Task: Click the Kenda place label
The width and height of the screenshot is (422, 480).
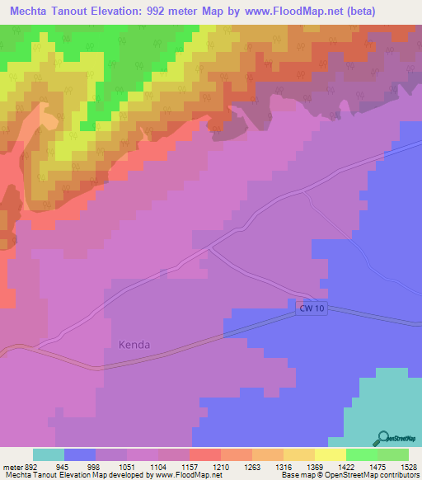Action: [x=134, y=345]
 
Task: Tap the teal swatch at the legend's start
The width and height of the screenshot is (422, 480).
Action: [x=49, y=454]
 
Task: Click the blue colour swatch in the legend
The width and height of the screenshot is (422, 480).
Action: [x=80, y=454]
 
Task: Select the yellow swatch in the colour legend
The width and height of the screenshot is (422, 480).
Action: [x=330, y=454]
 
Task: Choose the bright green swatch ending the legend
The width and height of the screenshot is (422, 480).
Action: [x=393, y=454]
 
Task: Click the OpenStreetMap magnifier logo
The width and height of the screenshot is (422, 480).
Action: [x=382, y=438]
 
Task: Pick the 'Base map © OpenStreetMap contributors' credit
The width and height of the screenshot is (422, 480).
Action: [x=349, y=474]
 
